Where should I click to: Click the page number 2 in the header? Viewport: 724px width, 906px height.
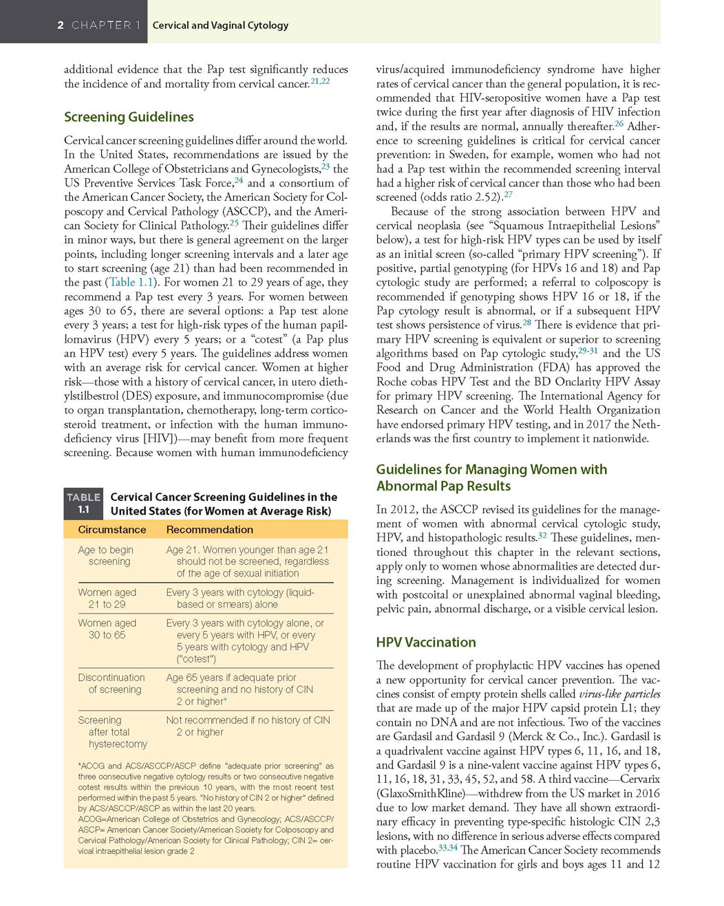(61, 25)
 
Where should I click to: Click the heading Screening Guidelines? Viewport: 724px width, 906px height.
(129, 117)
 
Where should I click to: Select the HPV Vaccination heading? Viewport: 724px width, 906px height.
(425, 643)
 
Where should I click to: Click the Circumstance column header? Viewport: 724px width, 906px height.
(111, 530)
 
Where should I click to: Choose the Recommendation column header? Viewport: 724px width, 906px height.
(209, 530)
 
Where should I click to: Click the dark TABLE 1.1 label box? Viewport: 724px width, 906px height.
(83, 504)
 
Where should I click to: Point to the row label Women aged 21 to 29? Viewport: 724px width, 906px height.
(107, 598)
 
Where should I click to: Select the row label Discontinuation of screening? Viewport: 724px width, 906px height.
(111, 683)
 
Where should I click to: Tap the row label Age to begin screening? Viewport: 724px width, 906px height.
(106, 555)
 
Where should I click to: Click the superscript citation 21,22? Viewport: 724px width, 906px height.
(320, 81)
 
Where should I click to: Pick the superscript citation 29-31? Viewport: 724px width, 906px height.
(588, 351)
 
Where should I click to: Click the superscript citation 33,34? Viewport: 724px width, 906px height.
(447, 848)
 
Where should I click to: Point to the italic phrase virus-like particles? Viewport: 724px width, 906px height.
(619, 693)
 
